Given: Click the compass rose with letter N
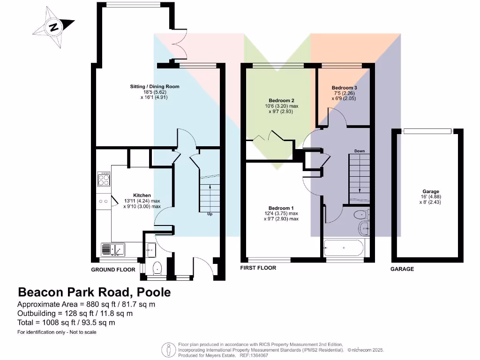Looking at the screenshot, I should [54, 27].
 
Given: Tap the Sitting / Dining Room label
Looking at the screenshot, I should [155, 87].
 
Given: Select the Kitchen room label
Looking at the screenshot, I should [142, 195].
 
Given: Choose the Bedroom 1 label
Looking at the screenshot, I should [281, 208].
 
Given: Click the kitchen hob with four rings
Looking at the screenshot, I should [104, 179].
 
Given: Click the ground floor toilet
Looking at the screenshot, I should [157, 268].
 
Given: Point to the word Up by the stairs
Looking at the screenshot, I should [210, 214].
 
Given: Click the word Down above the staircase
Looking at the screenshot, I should [360, 151].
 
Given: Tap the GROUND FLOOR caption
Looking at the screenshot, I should [113, 270].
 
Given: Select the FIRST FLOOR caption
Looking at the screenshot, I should [258, 268].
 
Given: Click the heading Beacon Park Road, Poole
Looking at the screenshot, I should [94, 292].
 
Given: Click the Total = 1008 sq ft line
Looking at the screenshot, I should [66, 322].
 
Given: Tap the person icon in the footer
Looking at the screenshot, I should [168, 349].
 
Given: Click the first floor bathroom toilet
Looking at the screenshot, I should [360, 215].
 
